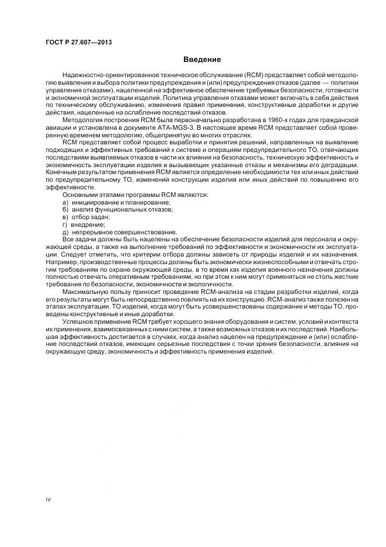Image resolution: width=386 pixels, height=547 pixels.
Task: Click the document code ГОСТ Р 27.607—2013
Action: click(78, 43)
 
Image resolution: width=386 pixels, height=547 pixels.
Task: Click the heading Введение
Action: click(202, 59)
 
